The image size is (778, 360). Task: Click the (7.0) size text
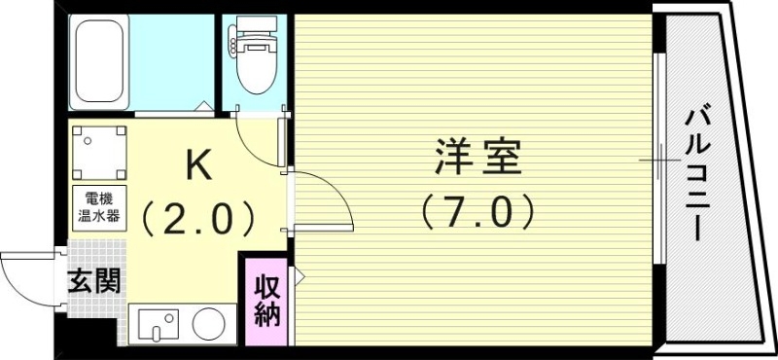(x=479, y=209)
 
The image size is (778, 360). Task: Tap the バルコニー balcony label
(x=697, y=175)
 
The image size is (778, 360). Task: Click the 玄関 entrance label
(x=94, y=281)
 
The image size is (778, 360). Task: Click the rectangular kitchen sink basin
(x=158, y=324)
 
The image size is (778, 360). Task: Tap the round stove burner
(x=207, y=324)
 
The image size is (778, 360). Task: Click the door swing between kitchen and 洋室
(x=322, y=199)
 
